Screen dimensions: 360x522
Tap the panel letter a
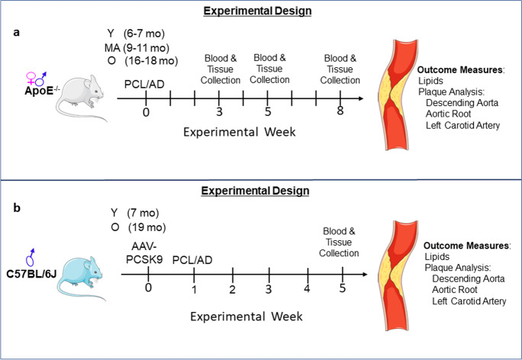coord(14,35)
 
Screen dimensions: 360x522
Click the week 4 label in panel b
coord(307,288)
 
